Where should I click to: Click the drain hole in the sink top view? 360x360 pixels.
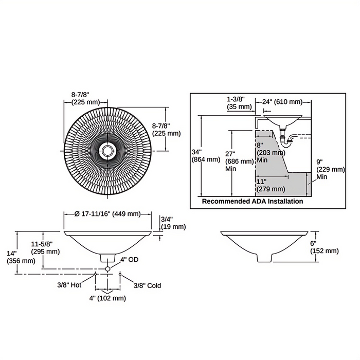tap(107, 151)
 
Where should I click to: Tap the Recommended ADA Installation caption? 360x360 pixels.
tap(253, 202)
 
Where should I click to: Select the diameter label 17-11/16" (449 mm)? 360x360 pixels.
tap(107, 214)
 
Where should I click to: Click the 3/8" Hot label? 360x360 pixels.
tap(69, 285)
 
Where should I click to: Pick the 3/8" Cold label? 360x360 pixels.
tap(148, 285)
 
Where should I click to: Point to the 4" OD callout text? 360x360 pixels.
tap(130, 260)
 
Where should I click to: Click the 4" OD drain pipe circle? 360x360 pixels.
tap(107, 268)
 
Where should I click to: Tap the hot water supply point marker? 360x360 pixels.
tap(95, 274)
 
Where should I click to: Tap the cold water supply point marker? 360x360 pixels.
tap(120, 274)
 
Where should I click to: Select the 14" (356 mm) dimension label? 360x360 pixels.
tap(21, 257)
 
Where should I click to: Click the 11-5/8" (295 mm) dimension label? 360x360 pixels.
tap(45, 248)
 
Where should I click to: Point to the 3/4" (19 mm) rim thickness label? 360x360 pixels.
tap(173, 223)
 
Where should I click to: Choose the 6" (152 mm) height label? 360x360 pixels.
tap(325, 247)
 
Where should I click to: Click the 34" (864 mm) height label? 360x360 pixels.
tap(206, 155)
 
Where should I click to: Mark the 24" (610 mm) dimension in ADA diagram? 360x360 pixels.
tap(282, 101)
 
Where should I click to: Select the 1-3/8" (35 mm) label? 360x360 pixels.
tap(239, 103)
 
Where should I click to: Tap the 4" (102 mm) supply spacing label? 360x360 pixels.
tap(107, 298)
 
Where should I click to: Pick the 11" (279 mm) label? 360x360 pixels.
tap(271, 185)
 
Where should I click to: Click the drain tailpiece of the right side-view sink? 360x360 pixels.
tap(264, 258)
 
